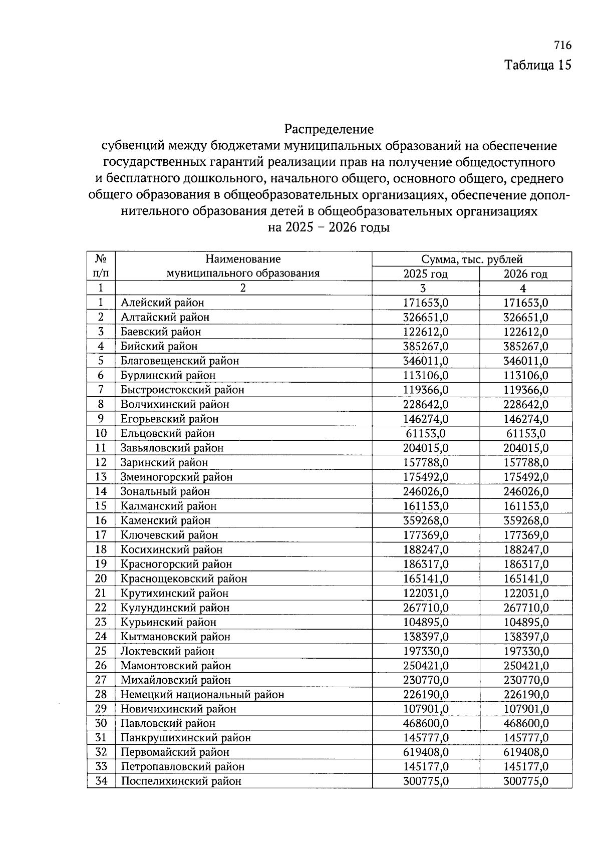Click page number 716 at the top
562,46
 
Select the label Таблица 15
537,65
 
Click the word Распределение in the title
329,129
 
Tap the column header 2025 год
425,274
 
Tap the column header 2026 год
525,274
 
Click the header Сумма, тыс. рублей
472,259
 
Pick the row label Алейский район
162,303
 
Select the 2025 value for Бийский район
426,346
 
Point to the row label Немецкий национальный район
202,695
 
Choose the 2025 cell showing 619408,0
426,752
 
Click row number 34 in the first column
101,781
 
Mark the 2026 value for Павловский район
525,723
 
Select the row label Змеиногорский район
176,477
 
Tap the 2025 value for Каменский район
426,520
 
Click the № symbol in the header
101,259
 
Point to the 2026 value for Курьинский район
525,622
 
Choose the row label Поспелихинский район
181,781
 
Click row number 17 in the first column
101,535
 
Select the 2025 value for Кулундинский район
426,608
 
